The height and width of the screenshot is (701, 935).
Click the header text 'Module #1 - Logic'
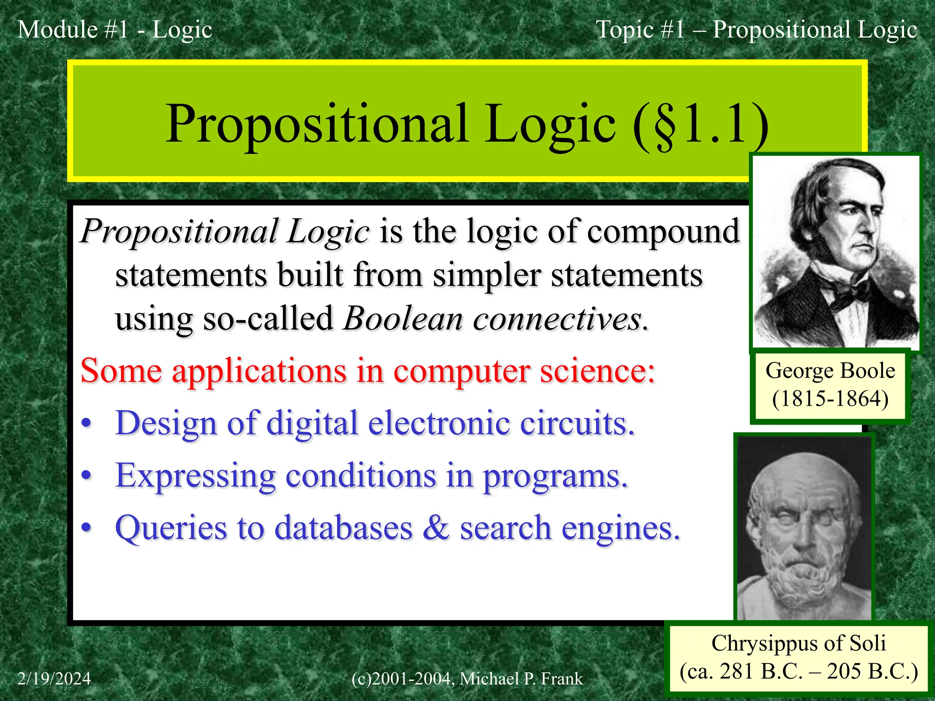115,30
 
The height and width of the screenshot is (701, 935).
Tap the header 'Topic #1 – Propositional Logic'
756,30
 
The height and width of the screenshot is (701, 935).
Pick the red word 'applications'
259,371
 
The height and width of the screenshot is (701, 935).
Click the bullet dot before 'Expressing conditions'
86,476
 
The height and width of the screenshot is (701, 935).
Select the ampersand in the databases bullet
436,528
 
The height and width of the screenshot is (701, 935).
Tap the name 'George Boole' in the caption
830,371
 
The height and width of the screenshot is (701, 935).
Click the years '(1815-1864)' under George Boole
830,398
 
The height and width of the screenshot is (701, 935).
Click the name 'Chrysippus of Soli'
798,643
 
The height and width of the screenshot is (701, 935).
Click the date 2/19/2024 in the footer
54,679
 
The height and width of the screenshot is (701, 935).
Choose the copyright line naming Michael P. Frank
467,679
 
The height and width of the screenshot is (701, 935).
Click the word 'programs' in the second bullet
555,476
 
